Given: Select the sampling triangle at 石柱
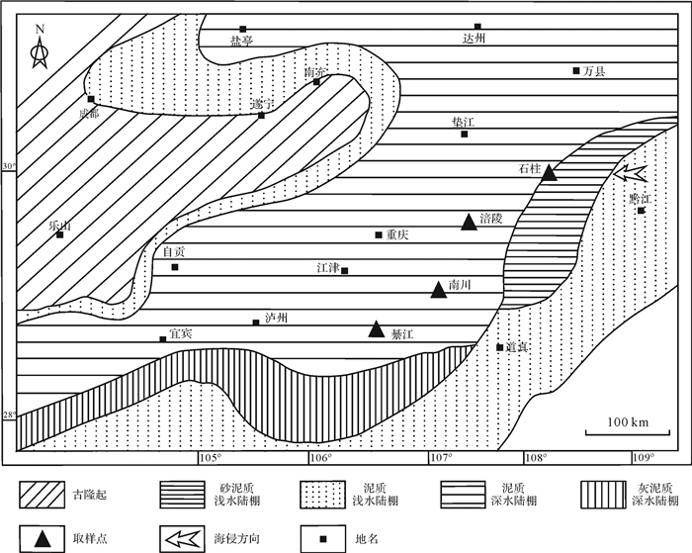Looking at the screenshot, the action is point(549,173).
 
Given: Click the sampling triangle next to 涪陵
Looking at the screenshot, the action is point(470,223).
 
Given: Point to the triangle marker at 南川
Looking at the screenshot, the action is point(438,290).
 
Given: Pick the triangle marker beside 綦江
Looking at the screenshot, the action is point(376,329).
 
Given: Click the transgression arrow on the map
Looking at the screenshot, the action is point(630,176).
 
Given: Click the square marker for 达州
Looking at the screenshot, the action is point(477,27).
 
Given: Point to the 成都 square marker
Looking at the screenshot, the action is point(91,99).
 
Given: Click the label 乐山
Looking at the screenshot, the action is point(60,225).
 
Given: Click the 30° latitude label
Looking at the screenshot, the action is point(10,166).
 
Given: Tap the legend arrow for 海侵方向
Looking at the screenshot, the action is point(181,538).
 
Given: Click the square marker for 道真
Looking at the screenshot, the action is point(499,346).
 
